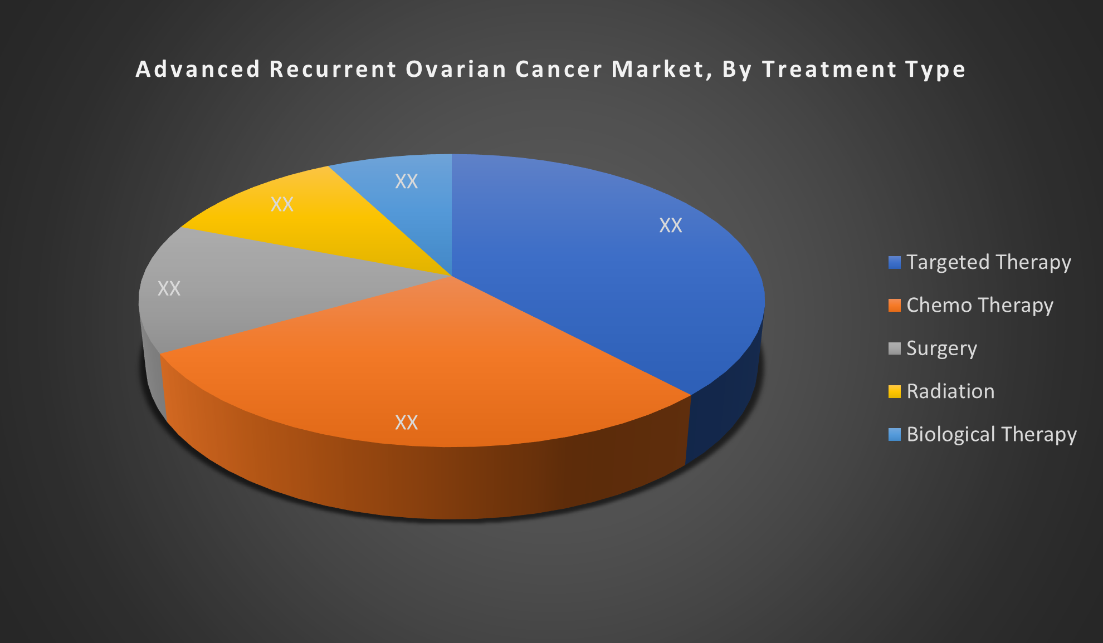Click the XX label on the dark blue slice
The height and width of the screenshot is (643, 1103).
coord(671,225)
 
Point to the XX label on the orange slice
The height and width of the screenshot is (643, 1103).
coord(406,423)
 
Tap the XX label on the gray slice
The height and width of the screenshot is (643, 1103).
coord(169,288)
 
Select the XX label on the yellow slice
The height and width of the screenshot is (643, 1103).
coord(282,204)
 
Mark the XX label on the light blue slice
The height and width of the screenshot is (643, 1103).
coord(406,181)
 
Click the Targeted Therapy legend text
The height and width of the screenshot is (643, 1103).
coord(989,262)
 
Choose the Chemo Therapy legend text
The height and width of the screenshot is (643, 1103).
coord(980,305)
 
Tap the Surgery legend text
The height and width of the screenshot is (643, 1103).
coord(941,349)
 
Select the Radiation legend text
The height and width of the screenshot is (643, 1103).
coord(950,391)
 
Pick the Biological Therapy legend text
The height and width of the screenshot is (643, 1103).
coord(992,434)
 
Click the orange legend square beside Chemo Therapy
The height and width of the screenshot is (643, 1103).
coord(894,306)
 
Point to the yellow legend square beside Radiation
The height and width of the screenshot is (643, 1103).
coord(894,392)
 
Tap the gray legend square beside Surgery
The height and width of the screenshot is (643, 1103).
coord(894,349)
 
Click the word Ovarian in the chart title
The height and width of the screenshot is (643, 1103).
coord(456,70)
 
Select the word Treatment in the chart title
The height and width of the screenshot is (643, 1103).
coord(829,70)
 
